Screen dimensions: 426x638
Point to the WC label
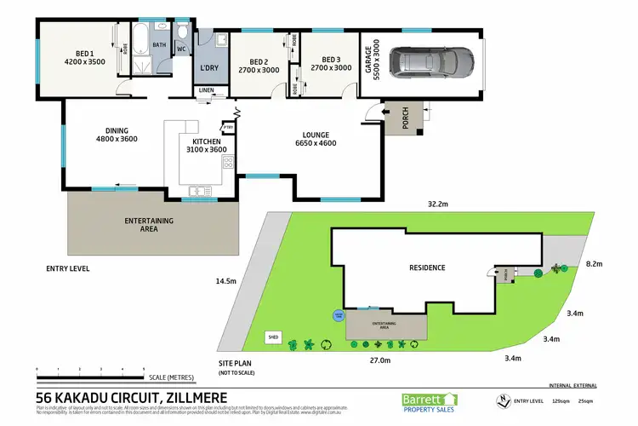[x=180, y=49]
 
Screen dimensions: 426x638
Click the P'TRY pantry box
[x=228, y=129]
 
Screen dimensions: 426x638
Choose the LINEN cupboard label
[x=207, y=90]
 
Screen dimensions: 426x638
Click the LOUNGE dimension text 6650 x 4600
[x=316, y=143]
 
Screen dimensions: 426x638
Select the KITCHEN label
[x=207, y=141]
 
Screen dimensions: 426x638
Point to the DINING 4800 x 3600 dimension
[x=117, y=138]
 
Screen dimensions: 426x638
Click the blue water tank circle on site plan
[x=338, y=315]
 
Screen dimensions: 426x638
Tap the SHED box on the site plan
[x=274, y=336]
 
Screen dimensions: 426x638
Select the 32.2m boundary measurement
[x=439, y=204]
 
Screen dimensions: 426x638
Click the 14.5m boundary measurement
[x=225, y=280]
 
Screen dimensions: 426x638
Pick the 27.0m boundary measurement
[x=380, y=360]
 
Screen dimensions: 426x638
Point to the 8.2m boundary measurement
[x=594, y=265]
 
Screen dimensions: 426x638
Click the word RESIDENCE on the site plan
[x=427, y=268]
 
